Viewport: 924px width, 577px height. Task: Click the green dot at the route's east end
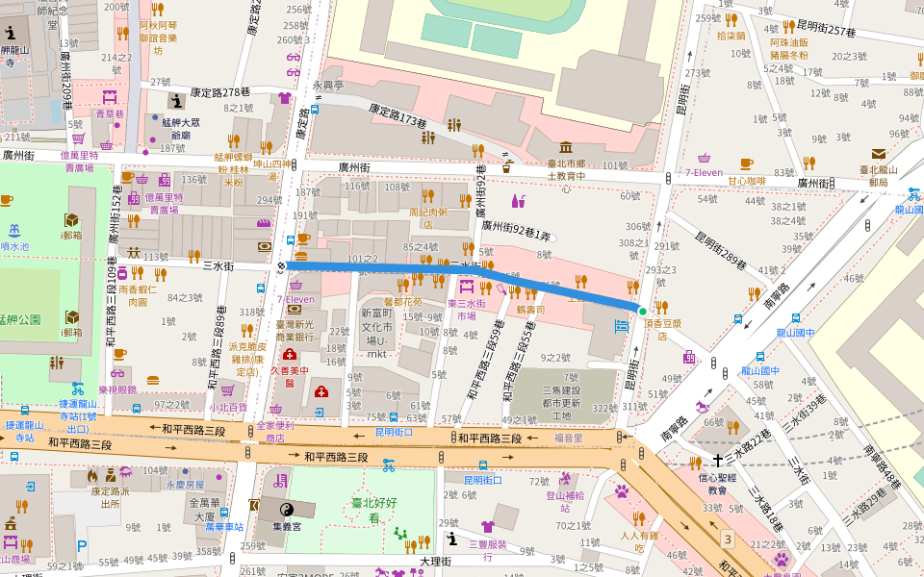pos(642,311)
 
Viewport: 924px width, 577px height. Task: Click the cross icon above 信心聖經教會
pos(717,461)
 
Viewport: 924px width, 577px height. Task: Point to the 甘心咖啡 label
pos(746,181)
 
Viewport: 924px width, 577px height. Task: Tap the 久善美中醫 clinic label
pos(290,375)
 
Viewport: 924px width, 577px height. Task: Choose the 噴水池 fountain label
pos(15,246)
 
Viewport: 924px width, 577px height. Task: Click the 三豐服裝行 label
pos(487,550)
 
